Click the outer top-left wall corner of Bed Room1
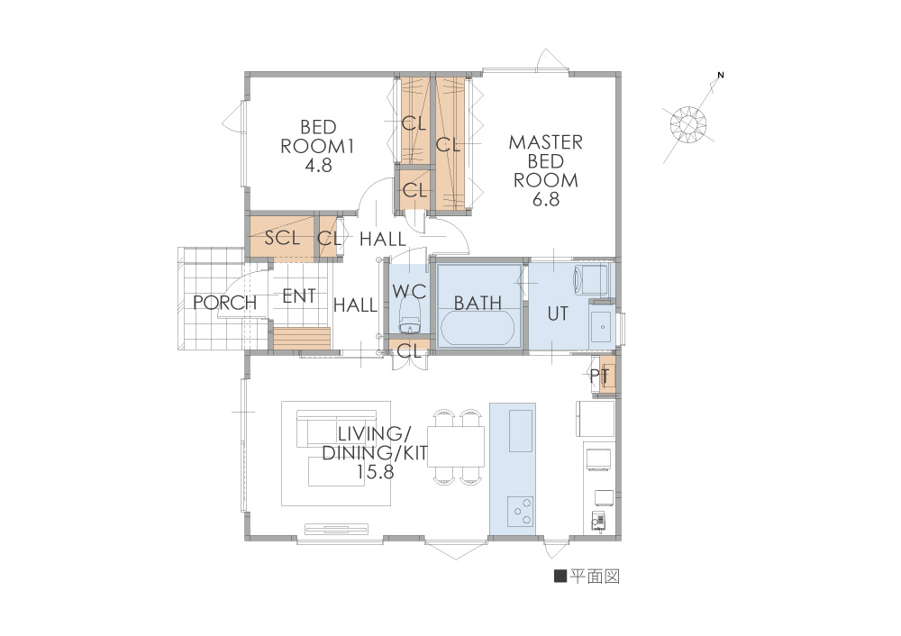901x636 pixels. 245,72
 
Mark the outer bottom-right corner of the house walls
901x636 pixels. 621,540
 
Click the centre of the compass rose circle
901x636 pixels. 687,124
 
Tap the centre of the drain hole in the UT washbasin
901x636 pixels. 602,327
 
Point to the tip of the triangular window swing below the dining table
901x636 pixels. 456,559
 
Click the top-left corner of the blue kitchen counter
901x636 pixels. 490,404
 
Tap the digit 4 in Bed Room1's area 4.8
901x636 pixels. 309,166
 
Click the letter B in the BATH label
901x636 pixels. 460,303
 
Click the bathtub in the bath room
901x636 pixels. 477,329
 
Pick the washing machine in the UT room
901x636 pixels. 590,280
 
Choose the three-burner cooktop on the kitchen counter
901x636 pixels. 521,512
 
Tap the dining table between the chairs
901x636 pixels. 456,447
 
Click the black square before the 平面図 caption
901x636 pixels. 560,576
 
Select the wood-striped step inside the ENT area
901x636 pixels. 302,338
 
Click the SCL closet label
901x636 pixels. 282,237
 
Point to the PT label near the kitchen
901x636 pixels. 599,376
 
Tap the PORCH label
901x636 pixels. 224,302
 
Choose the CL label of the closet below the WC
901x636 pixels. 409,350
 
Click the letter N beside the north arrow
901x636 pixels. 721,75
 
